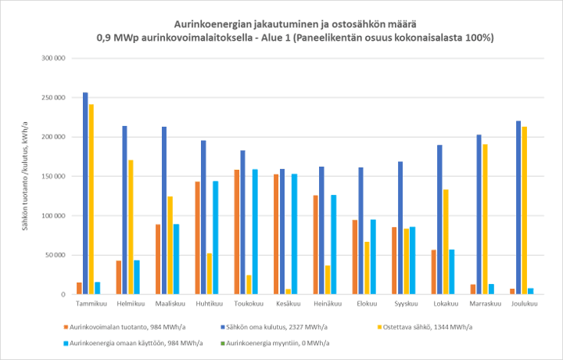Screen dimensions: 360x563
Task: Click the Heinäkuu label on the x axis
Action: tap(325, 305)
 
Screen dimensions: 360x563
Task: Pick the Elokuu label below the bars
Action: tap(364, 305)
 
